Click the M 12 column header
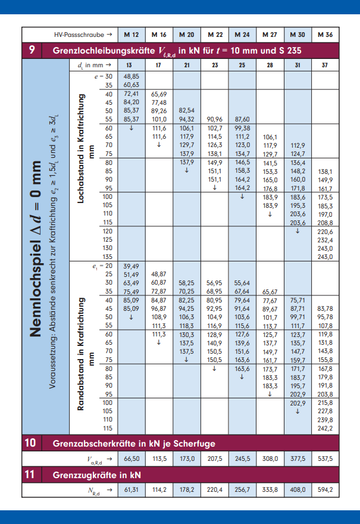(x=131, y=35)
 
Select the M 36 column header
(x=325, y=35)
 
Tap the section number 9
(x=31, y=51)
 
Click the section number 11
(x=31, y=475)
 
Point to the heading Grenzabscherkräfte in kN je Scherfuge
(x=134, y=443)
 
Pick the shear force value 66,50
(x=131, y=459)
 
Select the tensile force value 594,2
(x=325, y=490)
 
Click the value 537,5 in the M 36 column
(x=325, y=459)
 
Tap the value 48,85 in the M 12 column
(x=131, y=77)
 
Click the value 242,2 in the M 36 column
(x=325, y=428)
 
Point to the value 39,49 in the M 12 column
(x=131, y=266)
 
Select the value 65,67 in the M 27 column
(x=270, y=292)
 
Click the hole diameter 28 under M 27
(x=270, y=64)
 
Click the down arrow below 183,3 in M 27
(x=270, y=394)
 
